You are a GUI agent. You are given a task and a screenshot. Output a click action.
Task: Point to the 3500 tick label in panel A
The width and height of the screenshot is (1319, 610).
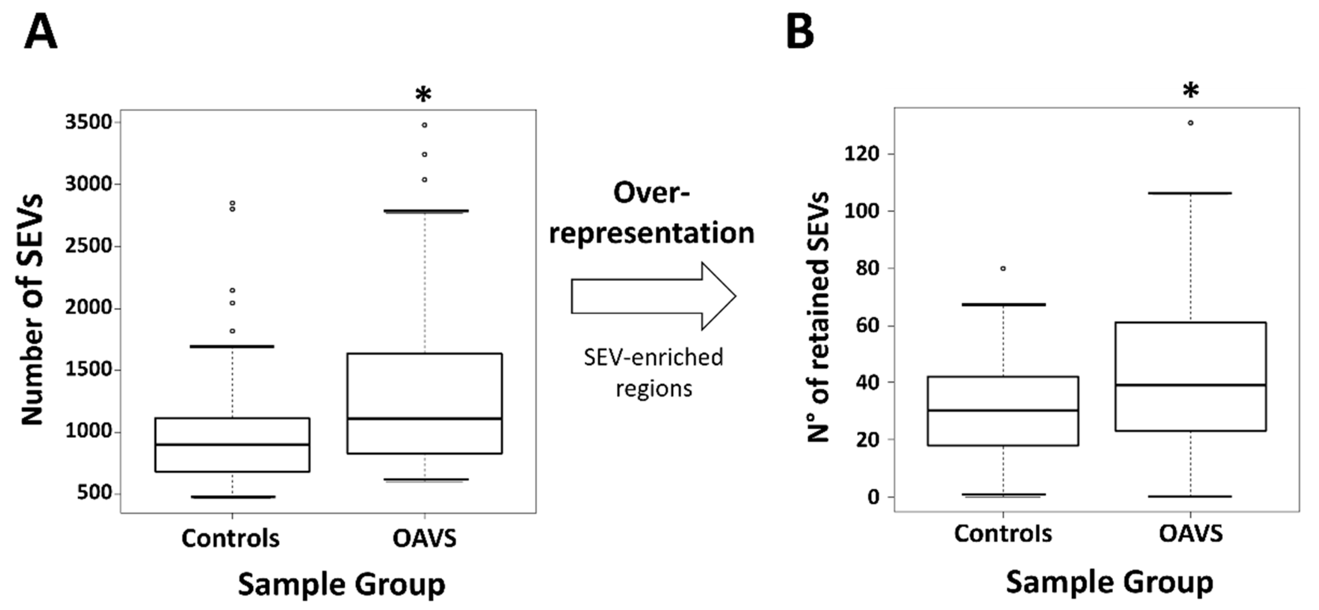pos(88,122)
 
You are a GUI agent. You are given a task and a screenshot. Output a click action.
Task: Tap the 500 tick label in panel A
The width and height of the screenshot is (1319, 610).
pos(95,493)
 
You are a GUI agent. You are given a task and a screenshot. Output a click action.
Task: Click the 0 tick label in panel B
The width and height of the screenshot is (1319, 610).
pos(873,497)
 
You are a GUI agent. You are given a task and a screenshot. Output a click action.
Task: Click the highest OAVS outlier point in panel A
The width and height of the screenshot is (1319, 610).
pos(425,125)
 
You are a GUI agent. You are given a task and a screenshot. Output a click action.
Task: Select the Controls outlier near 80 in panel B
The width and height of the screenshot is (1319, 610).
pos(1003,268)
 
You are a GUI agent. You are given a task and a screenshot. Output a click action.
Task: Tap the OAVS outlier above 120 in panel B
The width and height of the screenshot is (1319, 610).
pos(1190,123)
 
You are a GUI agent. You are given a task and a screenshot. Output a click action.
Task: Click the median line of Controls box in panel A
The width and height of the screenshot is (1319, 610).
pos(232,445)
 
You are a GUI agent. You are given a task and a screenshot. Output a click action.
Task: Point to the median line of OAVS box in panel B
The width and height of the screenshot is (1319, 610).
pos(1190,385)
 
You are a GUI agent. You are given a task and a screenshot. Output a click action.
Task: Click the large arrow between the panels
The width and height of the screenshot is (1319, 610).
pos(653,296)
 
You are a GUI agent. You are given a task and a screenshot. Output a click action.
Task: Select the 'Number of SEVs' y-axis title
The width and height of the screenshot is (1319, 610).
pos(32,310)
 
